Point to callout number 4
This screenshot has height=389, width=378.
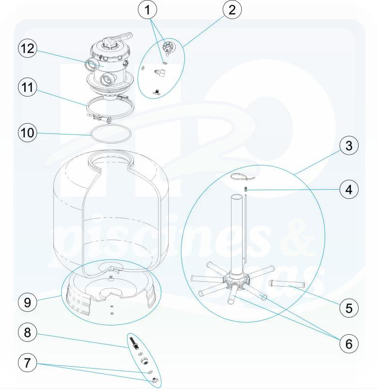pos(348,190)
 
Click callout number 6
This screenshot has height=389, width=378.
pos(348,343)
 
